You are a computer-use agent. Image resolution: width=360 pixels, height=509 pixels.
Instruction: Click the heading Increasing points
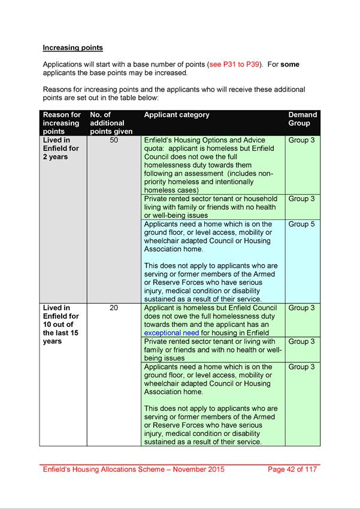point(72,47)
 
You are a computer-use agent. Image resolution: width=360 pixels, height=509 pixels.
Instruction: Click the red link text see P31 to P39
point(235,64)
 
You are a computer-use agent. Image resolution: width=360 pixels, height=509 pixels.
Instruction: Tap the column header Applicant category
point(177,115)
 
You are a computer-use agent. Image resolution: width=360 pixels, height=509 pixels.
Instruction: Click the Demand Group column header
point(302,119)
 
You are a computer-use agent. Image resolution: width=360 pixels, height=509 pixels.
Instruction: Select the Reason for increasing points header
point(62,123)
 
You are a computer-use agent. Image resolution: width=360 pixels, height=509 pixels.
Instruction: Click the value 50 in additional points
point(114,140)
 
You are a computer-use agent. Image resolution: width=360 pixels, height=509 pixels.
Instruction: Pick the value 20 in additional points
point(114,308)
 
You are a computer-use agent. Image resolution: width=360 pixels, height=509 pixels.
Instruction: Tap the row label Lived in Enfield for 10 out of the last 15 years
point(60,325)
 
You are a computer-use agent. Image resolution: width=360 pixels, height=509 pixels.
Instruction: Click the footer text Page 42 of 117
point(292,469)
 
